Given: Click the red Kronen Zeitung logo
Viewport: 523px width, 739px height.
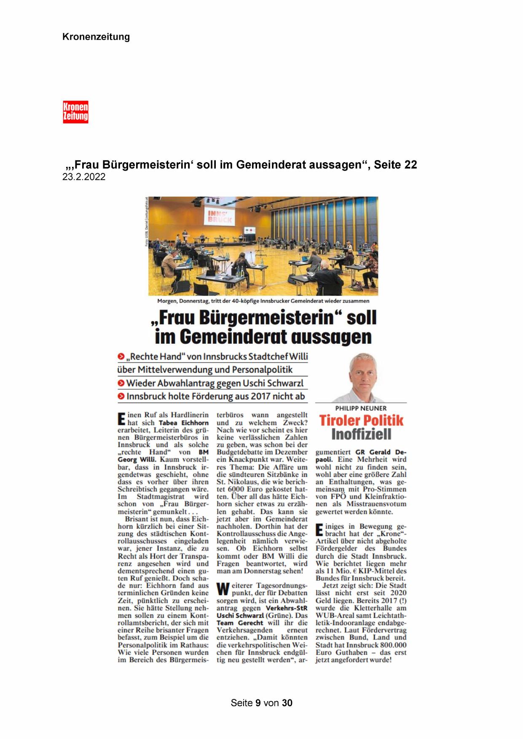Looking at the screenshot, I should click(x=75, y=112).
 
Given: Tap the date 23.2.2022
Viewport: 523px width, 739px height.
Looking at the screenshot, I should click(x=83, y=177).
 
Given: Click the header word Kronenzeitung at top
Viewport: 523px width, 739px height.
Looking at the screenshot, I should click(x=96, y=37).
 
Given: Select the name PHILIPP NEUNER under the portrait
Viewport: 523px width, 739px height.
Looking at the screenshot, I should click(x=361, y=408).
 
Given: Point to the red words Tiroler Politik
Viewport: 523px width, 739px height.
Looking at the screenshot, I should click(x=361, y=420).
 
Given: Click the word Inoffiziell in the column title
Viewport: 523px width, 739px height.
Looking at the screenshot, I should click(x=361, y=434).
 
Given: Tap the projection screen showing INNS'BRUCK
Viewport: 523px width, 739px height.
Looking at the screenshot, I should click(x=220, y=216).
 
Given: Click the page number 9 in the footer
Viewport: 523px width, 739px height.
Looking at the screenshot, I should click(x=258, y=703).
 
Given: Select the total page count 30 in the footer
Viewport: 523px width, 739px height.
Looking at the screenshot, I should click(x=287, y=703).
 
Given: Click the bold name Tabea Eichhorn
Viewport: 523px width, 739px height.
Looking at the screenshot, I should click(x=183, y=423).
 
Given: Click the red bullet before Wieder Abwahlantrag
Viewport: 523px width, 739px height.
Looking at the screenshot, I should click(x=121, y=383).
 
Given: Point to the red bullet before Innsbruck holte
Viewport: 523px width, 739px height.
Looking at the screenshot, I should click(x=121, y=396).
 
